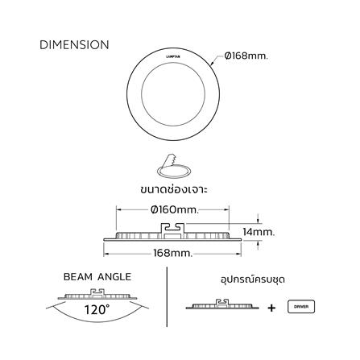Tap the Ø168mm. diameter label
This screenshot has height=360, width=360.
(x=244, y=56)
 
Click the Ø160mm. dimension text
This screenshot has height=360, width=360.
(x=173, y=210)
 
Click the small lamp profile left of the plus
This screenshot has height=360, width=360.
(x=223, y=307)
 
